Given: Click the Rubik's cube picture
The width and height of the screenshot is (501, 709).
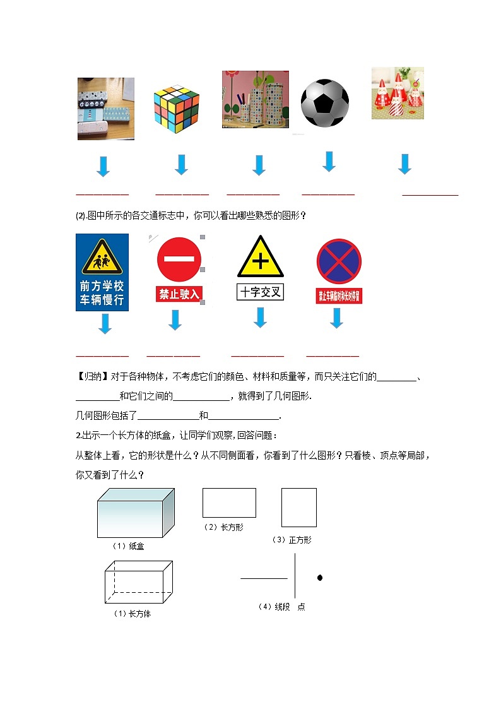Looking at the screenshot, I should [177, 107].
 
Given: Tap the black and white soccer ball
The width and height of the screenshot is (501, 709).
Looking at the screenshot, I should [324, 103].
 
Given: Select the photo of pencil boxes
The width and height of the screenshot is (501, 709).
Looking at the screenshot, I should [105, 109].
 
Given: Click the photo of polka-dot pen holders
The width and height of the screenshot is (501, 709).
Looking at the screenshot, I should [255, 99].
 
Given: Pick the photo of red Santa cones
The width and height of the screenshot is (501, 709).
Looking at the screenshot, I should [398, 93].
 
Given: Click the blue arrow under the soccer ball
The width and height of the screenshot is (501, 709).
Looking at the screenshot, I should [329, 162].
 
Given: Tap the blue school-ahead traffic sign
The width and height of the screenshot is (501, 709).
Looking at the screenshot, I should [102, 272].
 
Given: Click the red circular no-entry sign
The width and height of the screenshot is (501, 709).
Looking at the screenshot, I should [180, 259].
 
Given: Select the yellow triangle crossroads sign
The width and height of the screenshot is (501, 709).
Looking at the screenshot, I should [261, 258].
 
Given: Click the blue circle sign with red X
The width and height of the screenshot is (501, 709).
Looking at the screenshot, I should [339, 261].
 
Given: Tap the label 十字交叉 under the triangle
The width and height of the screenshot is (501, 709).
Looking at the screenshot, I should [261, 292].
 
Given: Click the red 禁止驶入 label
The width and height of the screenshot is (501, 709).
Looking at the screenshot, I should [179, 294].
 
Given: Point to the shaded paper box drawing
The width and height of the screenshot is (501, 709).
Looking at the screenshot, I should [135, 514].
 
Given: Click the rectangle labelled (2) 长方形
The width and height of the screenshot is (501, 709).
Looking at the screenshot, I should [229, 503].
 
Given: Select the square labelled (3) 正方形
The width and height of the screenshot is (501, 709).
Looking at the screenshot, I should [298, 508].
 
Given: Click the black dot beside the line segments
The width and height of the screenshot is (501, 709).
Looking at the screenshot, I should [320, 578].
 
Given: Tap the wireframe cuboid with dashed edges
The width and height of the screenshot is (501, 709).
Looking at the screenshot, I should [139, 582].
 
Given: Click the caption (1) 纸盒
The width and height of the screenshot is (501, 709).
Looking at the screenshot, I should [128, 546].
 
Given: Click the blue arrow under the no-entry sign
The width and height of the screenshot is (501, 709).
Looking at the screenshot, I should [175, 320].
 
